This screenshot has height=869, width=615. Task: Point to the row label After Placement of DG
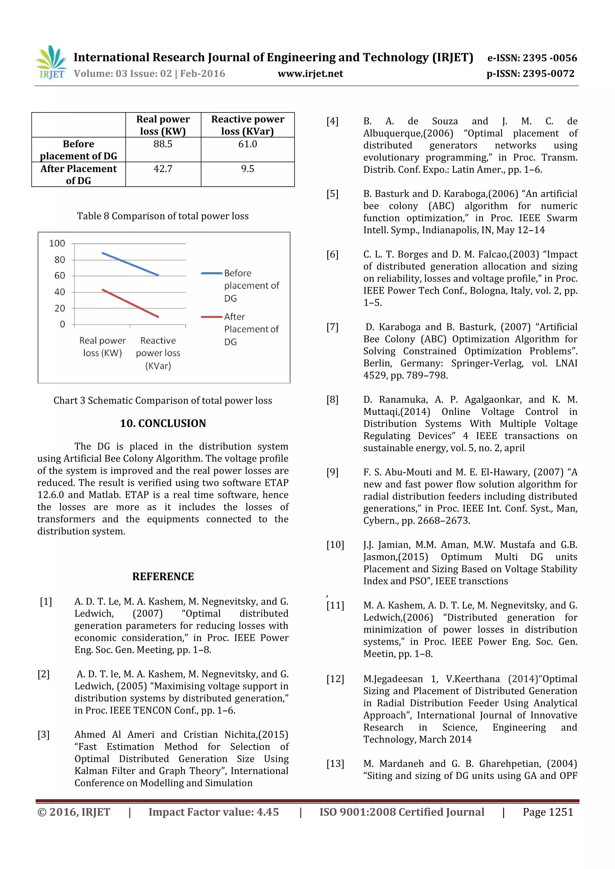[79, 174]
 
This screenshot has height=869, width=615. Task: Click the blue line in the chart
[130, 264]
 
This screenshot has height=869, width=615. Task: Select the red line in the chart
[130, 303]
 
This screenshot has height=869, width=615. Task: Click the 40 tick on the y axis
[59, 292]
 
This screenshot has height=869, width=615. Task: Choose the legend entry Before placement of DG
[251, 285]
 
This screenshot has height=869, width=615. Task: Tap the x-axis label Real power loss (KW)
[102, 347]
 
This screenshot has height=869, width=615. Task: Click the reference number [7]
[332, 327]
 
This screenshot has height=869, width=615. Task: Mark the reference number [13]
[335, 764]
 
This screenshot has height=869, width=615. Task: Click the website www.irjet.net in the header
[310, 74]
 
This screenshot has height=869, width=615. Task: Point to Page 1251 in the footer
[548, 812]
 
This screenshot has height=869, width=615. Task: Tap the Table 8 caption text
[163, 216]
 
